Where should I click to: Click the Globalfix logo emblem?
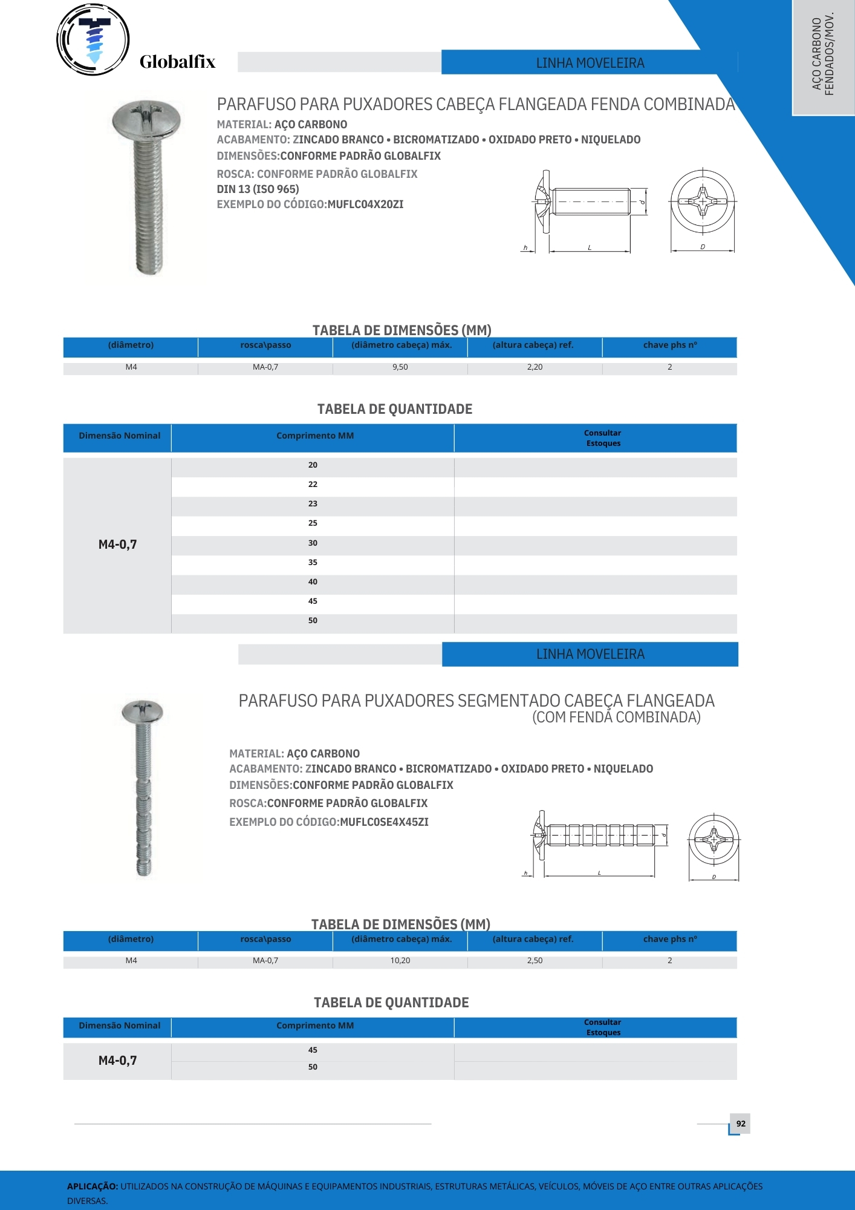[x=93, y=40]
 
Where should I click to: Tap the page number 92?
[x=741, y=1123]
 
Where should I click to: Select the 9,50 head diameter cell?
[x=400, y=367]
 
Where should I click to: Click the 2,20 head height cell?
[x=535, y=367]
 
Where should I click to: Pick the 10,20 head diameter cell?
[x=400, y=961]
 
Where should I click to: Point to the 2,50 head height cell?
[x=535, y=961]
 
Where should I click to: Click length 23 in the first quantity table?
[x=313, y=504]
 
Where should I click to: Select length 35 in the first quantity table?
[x=313, y=563]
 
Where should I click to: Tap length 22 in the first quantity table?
[x=313, y=485]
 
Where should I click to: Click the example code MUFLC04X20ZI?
[x=365, y=204]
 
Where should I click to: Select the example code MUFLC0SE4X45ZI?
[x=384, y=822]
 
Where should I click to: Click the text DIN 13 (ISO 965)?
[x=258, y=189]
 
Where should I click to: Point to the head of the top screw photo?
[x=146, y=118]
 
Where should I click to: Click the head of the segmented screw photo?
[x=143, y=711]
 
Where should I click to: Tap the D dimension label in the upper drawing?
[x=703, y=247]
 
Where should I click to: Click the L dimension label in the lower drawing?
[x=599, y=873]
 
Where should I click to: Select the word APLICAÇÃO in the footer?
[x=92, y=1186]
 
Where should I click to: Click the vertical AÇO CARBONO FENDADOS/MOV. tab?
[x=823, y=54]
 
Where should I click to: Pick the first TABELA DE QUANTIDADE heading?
[x=395, y=410]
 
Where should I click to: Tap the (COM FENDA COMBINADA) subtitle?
[x=616, y=718]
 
